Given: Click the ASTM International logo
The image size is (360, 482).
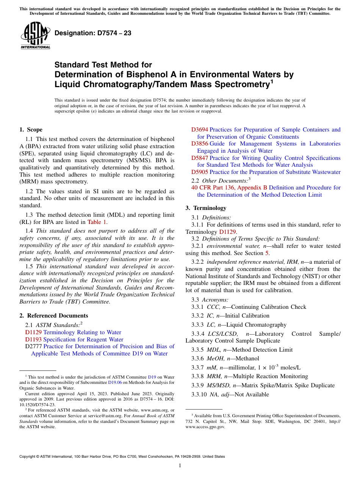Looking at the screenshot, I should pyautogui.click(x=35, y=36).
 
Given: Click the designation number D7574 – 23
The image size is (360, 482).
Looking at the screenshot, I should pyautogui.click(x=93, y=33).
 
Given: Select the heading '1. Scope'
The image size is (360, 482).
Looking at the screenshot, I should pyautogui.click(x=31, y=130).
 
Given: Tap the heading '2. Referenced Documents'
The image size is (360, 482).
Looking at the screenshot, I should pyautogui.click(x=53, y=316).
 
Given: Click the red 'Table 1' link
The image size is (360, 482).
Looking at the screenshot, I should pyautogui.click(x=97, y=222).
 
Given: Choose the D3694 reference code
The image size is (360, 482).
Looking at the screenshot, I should pyautogui.click(x=200, y=130).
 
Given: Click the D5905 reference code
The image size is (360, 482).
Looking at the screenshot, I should pyautogui.click(x=200, y=172).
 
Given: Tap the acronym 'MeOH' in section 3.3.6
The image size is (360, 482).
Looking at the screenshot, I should pyautogui.click(x=215, y=358).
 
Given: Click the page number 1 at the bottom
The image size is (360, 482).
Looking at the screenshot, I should pyautogui.click(x=180, y=465).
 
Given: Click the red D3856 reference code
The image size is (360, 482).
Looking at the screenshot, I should pyautogui.click(x=200, y=144).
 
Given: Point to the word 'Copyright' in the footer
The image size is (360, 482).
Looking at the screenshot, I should pyautogui.click(x=28, y=457).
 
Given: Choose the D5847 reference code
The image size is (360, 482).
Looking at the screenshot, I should pyautogui.click(x=200, y=158).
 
